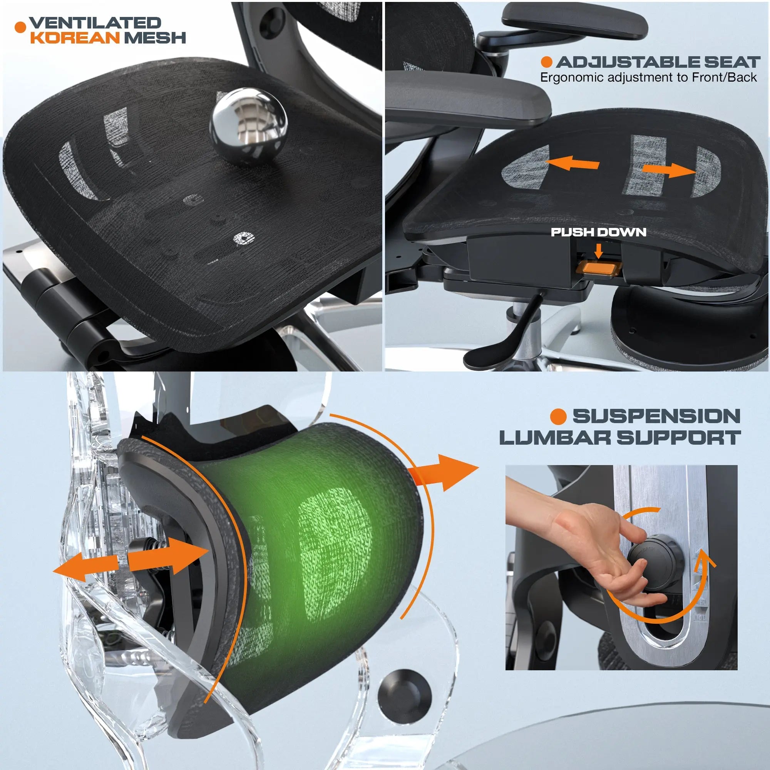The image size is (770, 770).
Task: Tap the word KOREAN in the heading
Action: [x=75, y=38]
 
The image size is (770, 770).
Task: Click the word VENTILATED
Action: [x=95, y=23]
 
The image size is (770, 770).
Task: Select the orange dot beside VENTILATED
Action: [x=20, y=27]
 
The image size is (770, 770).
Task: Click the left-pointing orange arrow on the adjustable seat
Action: [x=572, y=162]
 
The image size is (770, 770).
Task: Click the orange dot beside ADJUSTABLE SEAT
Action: [x=546, y=62]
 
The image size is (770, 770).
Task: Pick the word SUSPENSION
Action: [x=656, y=416]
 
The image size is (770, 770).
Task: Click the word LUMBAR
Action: [x=555, y=438]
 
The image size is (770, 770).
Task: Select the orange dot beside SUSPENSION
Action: [x=558, y=417]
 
